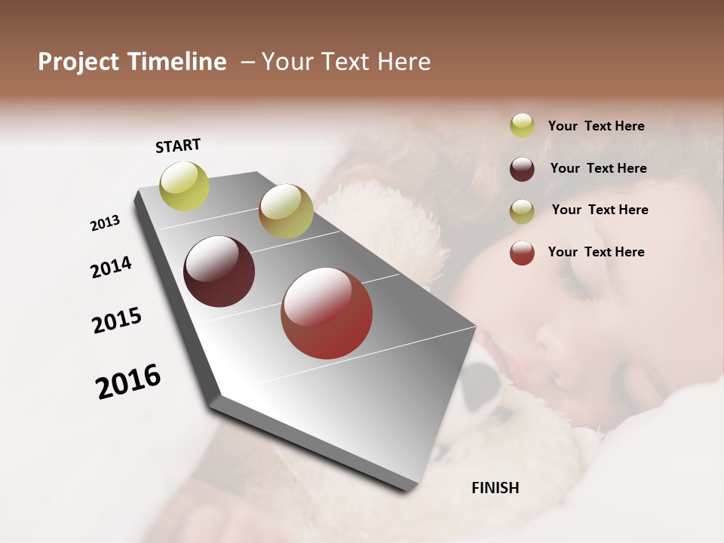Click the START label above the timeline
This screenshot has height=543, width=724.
178,146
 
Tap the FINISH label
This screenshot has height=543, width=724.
495,488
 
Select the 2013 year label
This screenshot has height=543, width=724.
105,223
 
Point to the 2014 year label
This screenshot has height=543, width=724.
111,267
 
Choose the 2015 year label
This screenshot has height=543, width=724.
117,321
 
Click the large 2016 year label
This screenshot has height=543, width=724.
128,381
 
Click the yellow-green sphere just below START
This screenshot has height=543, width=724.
185,186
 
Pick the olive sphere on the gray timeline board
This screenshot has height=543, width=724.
286,211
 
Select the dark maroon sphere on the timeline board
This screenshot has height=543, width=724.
219,271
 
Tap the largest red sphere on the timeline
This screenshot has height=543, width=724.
327,313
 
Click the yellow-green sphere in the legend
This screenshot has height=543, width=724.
522,125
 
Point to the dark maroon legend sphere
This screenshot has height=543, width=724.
522,168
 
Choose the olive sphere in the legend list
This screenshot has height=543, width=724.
522,210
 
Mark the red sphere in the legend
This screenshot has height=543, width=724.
522,253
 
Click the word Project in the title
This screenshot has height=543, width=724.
78,62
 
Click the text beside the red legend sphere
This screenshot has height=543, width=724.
596,252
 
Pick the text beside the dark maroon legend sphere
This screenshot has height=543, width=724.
598,168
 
